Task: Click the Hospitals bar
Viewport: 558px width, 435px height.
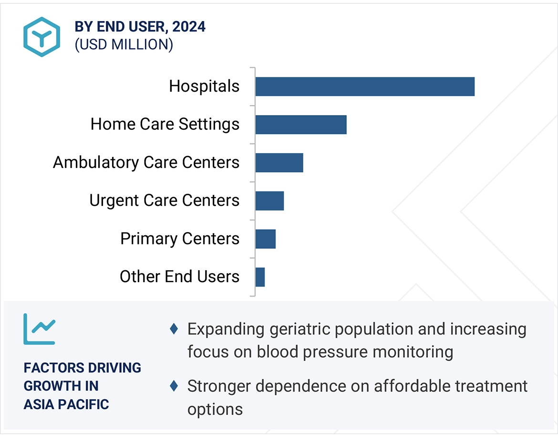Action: click(365, 86)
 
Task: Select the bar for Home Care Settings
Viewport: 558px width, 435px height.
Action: click(301, 125)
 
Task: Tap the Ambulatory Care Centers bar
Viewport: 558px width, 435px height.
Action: click(279, 162)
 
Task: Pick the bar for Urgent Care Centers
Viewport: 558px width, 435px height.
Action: click(269, 201)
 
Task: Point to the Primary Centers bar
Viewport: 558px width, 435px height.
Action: click(265, 239)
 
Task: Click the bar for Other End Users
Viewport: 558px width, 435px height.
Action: click(260, 277)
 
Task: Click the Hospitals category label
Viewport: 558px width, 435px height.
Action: click(204, 86)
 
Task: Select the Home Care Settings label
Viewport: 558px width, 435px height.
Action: click(165, 125)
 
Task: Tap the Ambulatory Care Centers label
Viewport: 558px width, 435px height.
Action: click(146, 162)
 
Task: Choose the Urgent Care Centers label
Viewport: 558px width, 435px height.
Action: click(165, 201)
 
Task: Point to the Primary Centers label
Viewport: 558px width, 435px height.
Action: click(180, 239)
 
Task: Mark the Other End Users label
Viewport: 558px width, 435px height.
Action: click(179, 277)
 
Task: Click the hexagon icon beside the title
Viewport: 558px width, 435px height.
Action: click(42, 37)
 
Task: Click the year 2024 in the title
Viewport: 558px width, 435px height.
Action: click(189, 27)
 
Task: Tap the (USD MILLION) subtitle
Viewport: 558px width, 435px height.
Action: click(124, 44)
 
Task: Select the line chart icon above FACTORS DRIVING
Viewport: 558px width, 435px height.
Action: click(39, 329)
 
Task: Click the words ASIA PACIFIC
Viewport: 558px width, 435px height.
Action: click(66, 404)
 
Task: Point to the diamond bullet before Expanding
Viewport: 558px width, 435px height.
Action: click(174, 329)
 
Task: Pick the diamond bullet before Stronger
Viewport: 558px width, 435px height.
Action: click(174, 385)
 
